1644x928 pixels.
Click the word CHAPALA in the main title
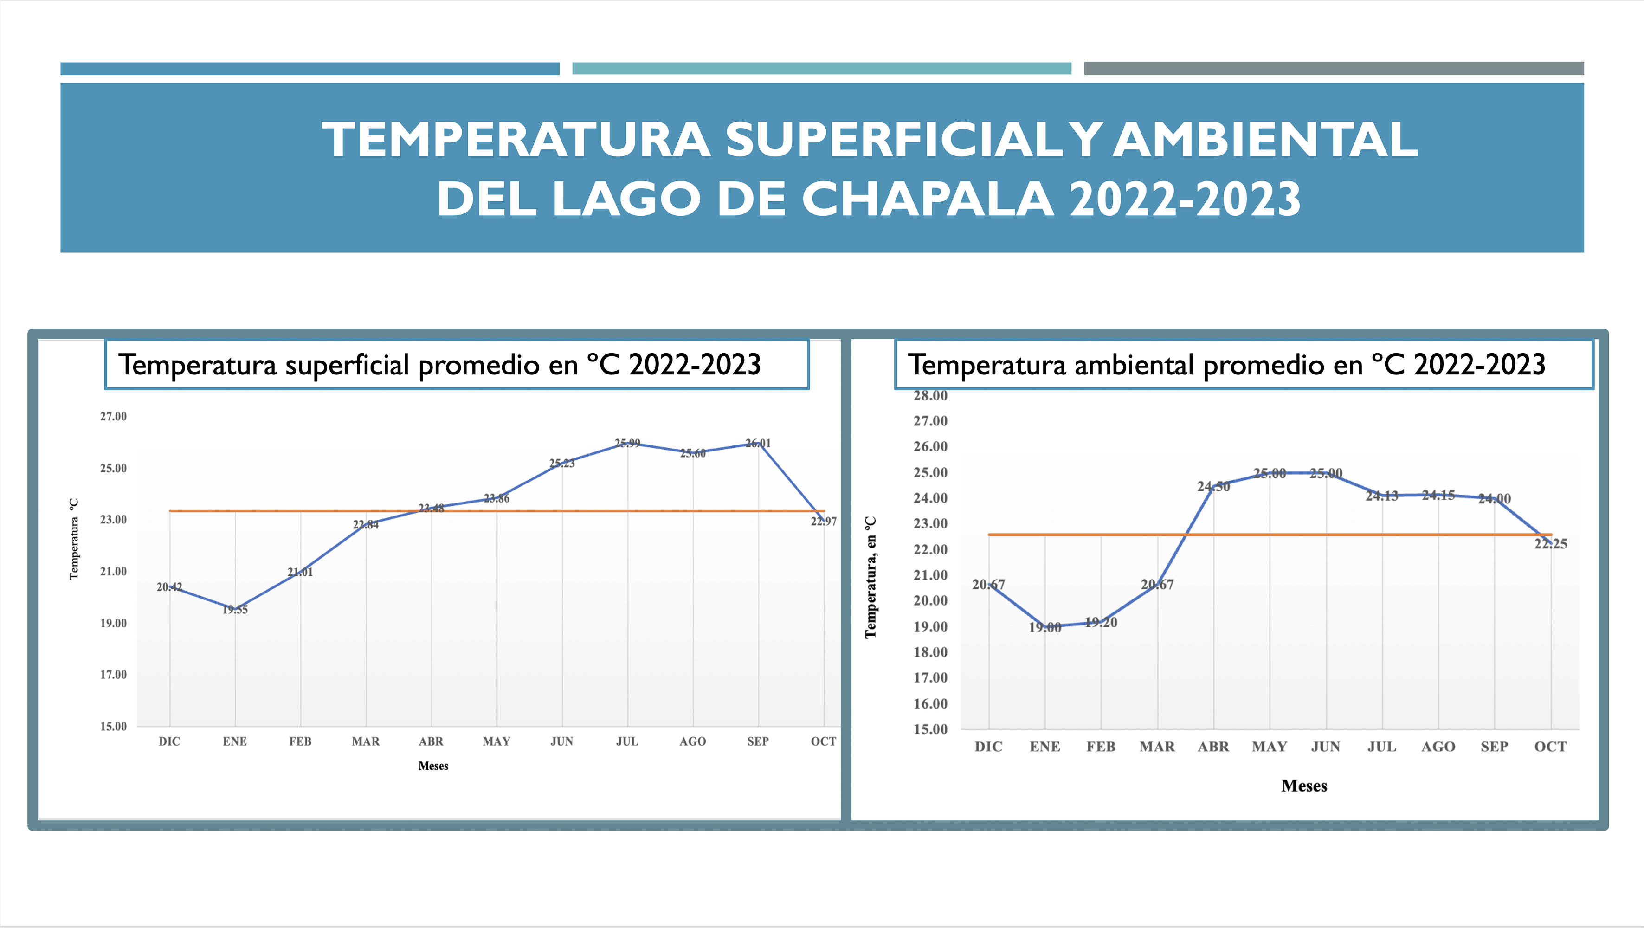pos(927,199)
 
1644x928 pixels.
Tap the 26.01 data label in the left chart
pos(758,443)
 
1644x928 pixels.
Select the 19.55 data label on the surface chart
pos(235,610)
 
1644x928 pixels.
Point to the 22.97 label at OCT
pos(823,522)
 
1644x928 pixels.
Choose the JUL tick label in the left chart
pos(627,741)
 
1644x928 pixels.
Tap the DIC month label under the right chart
pos(988,746)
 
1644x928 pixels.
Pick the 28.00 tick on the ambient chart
pos(930,395)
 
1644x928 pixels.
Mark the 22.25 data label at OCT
pos(1550,544)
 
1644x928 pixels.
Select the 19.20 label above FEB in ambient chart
pos(1101,622)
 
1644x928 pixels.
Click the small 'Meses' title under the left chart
pos(433,766)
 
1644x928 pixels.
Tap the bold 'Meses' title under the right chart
pos(1304,786)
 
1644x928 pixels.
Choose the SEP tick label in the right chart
pos(1494,746)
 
